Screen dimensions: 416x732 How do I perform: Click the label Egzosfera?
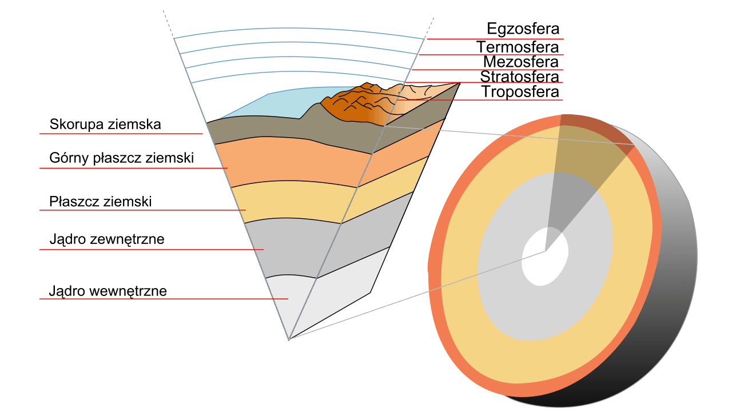pos(523,29)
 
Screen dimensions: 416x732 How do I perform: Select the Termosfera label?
pos(518,46)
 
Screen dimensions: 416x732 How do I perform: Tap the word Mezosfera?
pos(520,62)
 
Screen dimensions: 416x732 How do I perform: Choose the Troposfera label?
pos(519,91)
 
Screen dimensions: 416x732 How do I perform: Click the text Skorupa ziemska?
pos(105,124)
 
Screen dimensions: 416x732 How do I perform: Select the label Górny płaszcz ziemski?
pos(121,158)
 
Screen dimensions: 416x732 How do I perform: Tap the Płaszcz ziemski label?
pos(100,201)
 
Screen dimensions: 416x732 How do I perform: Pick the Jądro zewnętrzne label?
pos(107,239)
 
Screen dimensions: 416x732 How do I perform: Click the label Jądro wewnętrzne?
pos(108,291)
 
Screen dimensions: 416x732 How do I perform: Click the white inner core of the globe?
pos(545,257)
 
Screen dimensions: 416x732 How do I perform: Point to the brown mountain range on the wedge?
pos(349,106)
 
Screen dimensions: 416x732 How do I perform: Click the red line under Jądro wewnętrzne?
pos(163,299)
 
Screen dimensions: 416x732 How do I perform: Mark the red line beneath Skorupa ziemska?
pos(120,134)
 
